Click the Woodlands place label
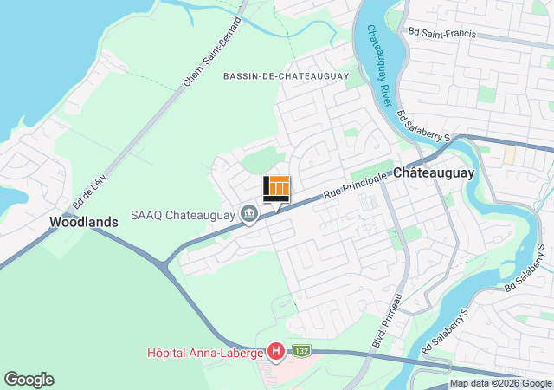tap(83, 222)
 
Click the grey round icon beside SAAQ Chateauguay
tap(250, 213)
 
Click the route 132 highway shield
tap(300, 349)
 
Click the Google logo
tap(29, 380)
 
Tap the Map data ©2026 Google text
tap(500, 384)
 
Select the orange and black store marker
tap(276, 188)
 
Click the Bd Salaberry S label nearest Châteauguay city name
tap(425, 127)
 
